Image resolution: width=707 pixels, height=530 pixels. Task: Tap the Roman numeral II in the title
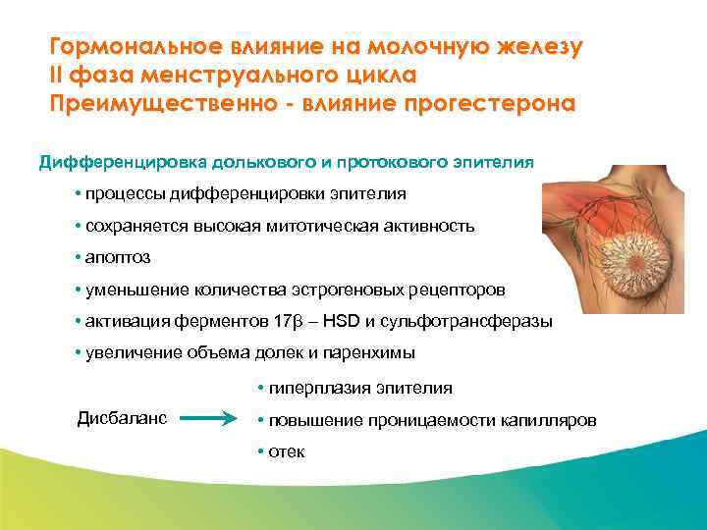pos(58,75)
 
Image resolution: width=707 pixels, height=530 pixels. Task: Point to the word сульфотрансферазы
pos(481,321)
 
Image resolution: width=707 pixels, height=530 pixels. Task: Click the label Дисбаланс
pos(122,417)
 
